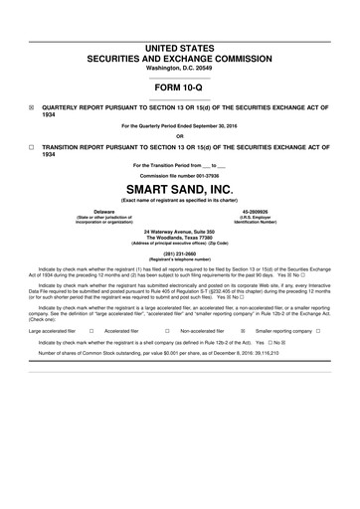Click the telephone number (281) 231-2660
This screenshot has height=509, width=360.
[x=180, y=253]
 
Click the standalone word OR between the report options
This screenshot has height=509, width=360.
[x=180, y=136]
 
